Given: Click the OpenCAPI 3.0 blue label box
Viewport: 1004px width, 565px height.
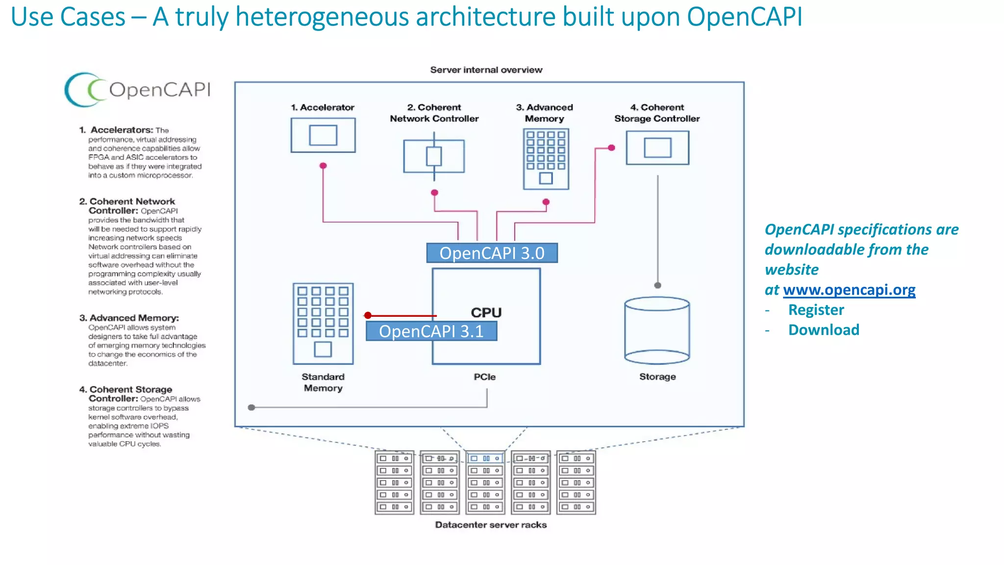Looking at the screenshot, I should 492,253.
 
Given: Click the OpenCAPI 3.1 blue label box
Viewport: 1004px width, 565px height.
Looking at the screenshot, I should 431,331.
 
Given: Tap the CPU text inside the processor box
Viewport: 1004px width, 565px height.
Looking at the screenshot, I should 486,312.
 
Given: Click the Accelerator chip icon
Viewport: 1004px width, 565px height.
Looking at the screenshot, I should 323,135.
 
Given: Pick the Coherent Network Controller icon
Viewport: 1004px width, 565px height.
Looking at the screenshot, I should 434,156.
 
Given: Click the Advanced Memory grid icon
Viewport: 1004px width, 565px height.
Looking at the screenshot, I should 546,159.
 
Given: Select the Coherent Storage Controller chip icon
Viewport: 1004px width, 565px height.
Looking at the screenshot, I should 657,148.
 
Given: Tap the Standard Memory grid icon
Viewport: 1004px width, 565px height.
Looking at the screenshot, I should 323,324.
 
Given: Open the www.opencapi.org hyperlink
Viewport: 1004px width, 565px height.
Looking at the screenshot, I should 849,290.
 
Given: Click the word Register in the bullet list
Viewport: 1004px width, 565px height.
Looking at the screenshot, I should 816,310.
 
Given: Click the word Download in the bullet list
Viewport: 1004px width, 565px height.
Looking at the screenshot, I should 824,330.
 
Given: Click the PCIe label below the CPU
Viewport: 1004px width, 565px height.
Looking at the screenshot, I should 485,377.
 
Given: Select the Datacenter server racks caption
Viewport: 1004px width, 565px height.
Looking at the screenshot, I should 491,525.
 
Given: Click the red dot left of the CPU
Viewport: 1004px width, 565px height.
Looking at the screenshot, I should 368,315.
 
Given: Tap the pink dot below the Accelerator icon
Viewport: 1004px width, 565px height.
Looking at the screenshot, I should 323,166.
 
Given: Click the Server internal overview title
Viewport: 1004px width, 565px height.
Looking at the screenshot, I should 486,70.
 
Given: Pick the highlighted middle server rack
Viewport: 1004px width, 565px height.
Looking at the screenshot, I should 485,483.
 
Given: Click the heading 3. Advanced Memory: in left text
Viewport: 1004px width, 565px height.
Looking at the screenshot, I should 129,318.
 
